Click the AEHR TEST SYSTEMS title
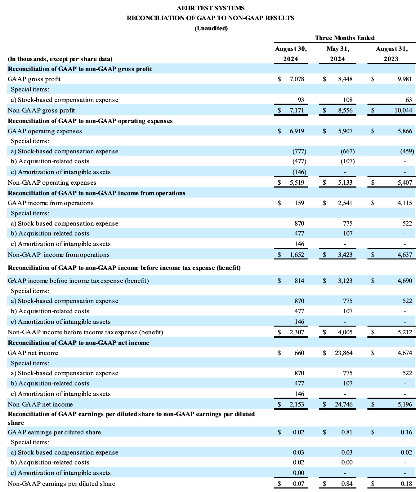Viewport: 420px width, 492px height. click(210, 8)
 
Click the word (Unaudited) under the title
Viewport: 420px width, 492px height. click(211, 29)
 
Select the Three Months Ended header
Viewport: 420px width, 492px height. click(345, 38)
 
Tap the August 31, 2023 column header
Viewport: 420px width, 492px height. click(391, 54)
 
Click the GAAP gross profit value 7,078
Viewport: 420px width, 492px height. click(297, 79)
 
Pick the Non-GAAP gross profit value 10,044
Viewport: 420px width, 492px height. click(403, 110)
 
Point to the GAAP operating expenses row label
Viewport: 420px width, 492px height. click(45, 131)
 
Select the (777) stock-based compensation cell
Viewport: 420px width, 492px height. click(299, 151)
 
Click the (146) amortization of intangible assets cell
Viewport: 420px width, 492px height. click(299, 172)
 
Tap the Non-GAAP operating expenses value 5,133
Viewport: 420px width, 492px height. click(345, 182)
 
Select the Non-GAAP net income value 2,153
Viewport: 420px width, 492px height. click(297, 404)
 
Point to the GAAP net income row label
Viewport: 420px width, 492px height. click(33, 353)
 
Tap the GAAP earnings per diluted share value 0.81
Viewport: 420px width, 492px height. click(347, 432)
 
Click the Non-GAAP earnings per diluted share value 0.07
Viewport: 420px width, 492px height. click(298, 484)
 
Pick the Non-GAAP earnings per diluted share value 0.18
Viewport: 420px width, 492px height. click(406, 484)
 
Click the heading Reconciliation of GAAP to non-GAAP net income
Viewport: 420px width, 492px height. click(78, 343)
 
